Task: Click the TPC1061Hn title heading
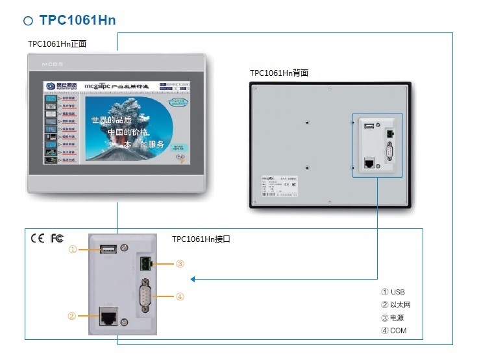[x=77, y=20]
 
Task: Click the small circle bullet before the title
[x=28, y=21]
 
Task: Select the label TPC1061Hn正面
[x=57, y=44]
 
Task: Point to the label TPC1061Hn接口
[x=201, y=239]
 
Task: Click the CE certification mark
[x=38, y=238]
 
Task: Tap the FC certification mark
[x=57, y=238]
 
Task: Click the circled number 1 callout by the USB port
[x=73, y=249]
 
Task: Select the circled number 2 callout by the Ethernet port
[x=72, y=316]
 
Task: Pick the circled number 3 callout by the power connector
[x=180, y=264]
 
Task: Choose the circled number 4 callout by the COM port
[x=180, y=296]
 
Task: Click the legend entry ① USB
[x=393, y=292]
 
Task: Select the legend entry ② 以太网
[x=396, y=305]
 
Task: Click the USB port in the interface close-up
[x=107, y=249]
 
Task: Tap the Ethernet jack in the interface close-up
[x=107, y=317]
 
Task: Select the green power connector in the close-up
[x=145, y=263]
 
